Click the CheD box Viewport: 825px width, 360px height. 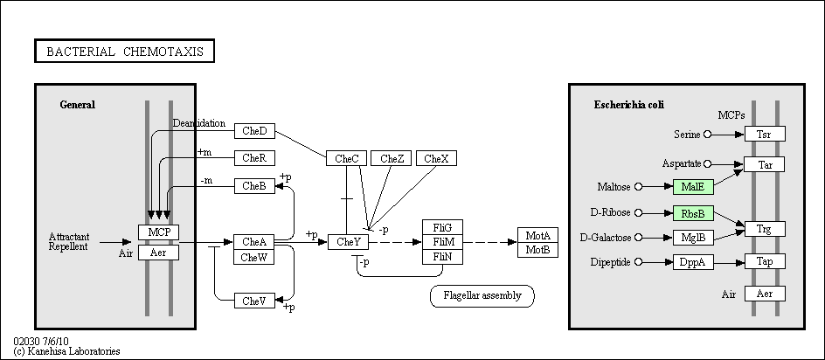(254, 131)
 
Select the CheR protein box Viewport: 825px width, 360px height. (254, 158)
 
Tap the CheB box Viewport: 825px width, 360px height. (254, 186)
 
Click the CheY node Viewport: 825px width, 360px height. (349, 242)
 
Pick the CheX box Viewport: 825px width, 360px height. (436, 158)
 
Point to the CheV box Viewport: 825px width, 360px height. (254, 301)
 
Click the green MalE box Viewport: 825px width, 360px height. (693, 187)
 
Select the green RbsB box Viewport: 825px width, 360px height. (693, 214)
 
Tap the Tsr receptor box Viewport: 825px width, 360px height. (765, 135)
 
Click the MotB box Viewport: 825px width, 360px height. (537, 251)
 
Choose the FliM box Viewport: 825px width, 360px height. (443, 242)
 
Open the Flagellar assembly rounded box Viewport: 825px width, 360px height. (482, 296)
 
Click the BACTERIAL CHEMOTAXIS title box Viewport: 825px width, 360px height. (125, 51)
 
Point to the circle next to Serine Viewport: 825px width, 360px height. (708, 135)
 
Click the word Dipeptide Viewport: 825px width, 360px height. (610, 262)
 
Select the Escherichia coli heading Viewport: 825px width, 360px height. (629, 105)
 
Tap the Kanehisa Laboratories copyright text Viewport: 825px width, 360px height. (66, 351)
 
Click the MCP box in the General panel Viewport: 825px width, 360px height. (159, 232)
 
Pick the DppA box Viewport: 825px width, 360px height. (693, 262)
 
